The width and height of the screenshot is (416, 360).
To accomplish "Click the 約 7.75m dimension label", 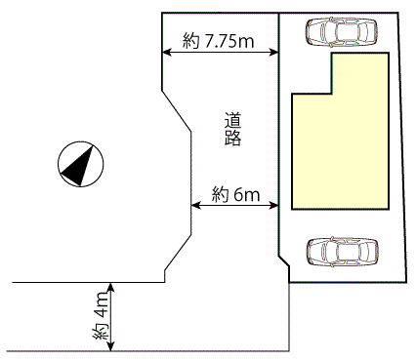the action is click(x=218, y=41).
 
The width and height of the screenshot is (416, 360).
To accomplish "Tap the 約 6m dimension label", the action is click(x=235, y=194).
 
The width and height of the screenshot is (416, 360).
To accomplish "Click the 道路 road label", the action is click(x=232, y=129).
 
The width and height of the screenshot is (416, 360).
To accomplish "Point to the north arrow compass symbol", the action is click(x=80, y=164).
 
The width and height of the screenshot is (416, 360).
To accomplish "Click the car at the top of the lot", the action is click(x=342, y=31).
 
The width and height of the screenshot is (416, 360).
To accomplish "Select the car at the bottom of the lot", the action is click(x=343, y=253).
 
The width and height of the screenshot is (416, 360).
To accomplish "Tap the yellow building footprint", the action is click(x=341, y=144).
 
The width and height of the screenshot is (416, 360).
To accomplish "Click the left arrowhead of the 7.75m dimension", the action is click(x=167, y=52).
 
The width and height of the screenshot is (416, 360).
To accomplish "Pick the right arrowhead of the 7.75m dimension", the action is click(x=273, y=52).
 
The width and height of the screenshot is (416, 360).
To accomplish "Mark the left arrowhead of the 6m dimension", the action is click(x=195, y=205).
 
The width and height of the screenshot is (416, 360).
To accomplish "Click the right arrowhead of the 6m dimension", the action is click(x=273, y=205).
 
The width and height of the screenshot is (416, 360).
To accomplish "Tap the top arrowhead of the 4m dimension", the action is click(x=111, y=287).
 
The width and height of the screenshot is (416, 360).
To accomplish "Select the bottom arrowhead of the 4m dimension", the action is click(x=111, y=346).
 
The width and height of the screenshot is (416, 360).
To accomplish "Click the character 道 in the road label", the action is click(x=232, y=120).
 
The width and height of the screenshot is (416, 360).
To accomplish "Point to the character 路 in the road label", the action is click(x=232, y=138).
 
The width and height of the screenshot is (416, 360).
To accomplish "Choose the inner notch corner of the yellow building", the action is click(x=332, y=94).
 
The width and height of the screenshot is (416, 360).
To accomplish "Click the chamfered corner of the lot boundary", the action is click(x=283, y=261).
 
